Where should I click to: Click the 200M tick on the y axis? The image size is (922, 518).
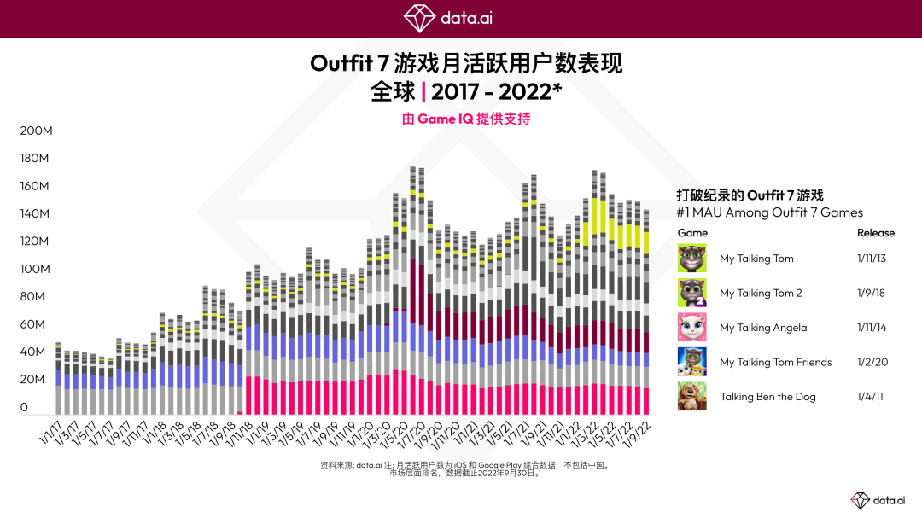(36, 131)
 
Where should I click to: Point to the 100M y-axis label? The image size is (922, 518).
(36, 269)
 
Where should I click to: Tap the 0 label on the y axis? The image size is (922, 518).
(24, 407)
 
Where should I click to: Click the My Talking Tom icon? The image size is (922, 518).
(691, 258)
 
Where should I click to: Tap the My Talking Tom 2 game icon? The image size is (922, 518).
(691, 293)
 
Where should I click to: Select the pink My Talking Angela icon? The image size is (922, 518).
(691, 327)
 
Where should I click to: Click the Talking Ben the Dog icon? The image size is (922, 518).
(691, 396)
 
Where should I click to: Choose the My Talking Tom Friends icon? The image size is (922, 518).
(691, 362)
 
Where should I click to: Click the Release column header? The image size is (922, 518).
(876, 233)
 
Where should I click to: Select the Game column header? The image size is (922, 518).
(692, 233)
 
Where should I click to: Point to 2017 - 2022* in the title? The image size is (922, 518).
(497, 90)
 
